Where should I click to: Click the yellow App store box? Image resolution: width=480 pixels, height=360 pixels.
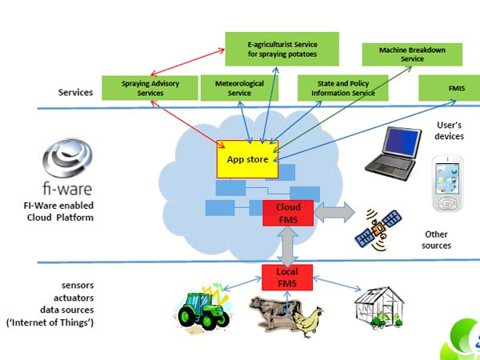[247, 160]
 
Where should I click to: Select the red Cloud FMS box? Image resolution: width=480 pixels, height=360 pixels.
[288, 213]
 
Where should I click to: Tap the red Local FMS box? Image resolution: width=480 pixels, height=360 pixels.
[286, 277]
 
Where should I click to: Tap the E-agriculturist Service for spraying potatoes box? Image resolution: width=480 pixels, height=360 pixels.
[282, 48]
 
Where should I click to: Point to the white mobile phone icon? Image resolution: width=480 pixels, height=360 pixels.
[447, 186]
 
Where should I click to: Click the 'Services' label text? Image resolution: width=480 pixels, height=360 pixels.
[75, 92]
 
